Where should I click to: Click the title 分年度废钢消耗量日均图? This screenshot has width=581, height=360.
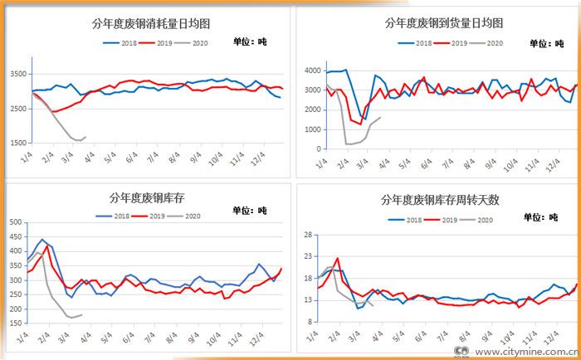tap(151, 25)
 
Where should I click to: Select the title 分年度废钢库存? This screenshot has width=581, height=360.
tap(149, 198)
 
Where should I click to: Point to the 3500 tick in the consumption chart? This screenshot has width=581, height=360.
tap(17, 74)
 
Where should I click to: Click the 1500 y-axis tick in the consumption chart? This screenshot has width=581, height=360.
tap(17, 143)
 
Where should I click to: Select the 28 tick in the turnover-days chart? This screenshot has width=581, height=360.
tap(305, 236)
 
